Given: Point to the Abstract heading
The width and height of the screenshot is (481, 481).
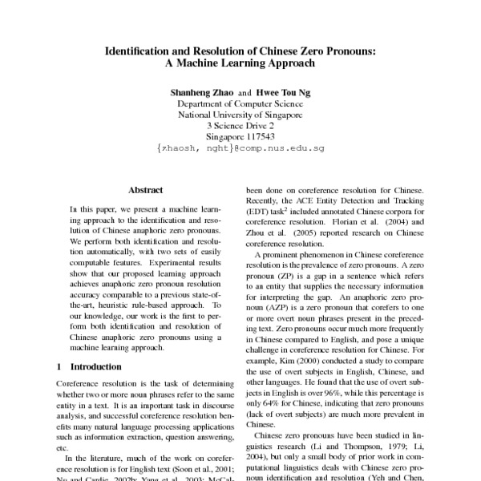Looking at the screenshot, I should point(145,191).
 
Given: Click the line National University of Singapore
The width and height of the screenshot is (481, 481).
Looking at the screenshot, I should point(240,115).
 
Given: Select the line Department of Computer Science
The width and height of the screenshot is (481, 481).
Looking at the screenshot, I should point(240,104).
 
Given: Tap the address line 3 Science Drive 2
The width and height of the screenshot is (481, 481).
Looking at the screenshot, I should point(240,127).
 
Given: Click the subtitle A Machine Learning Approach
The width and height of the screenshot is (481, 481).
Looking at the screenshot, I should point(240,63).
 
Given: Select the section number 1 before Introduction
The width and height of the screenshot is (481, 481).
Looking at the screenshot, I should point(60,366).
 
